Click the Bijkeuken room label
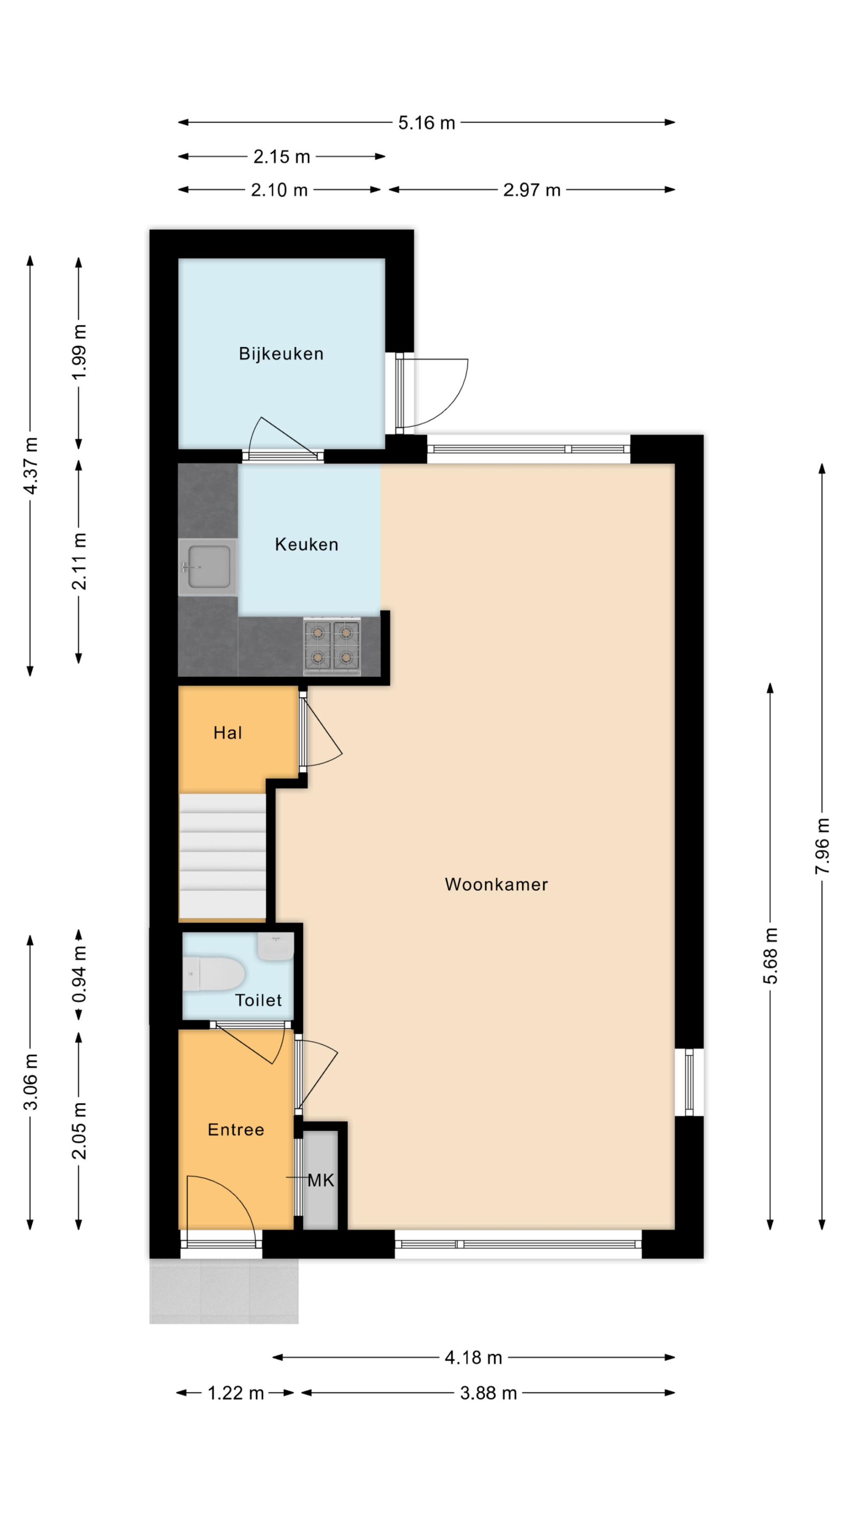tap(281, 354)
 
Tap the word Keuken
tap(306, 544)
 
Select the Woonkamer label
tap(496, 884)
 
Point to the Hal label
tap(227, 732)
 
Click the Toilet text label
tap(258, 1000)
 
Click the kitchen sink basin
tap(208, 567)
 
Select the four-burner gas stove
tap(331, 646)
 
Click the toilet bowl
tap(213, 974)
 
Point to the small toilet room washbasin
tap(275, 947)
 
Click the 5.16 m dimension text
tap(426, 123)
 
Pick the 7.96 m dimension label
tap(822, 846)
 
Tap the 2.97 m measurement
tap(532, 190)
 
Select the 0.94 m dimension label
tap(79, 974)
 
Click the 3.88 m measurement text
tap(488, 1393)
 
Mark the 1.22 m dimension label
tap(236, 1393)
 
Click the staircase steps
tap(222, 857)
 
